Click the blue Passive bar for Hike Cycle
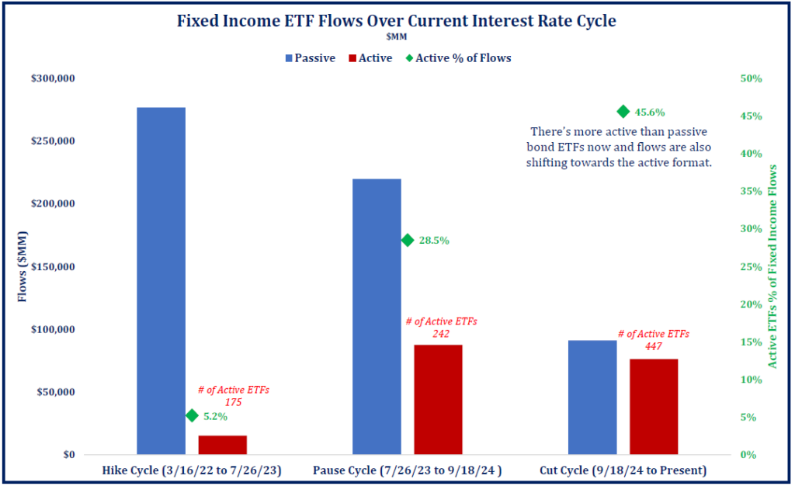tap(161, 280)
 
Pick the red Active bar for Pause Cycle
tap(438, 399)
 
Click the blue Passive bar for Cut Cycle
tap(592, 397)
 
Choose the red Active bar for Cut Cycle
tap(654, 406)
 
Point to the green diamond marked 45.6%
tap(623, 112)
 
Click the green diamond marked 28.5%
tap(407, 240)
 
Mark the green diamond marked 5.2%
tap(192, 415)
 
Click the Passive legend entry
tap(311, 57)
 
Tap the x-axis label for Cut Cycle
tap(623, 470)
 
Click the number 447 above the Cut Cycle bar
tap(654, 347)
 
